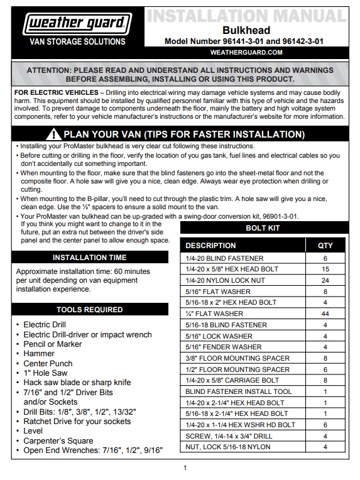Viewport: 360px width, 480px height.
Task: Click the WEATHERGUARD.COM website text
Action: (246, 52)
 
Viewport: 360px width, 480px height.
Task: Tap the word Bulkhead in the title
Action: (246, 30)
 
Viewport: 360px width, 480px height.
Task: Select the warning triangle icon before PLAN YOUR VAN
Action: (55, 134)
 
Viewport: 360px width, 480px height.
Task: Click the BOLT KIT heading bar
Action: (262, 228)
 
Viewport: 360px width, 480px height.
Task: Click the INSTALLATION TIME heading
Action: (89, 258)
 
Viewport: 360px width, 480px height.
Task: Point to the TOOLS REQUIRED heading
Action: (89, 310)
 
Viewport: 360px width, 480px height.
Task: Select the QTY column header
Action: (325, 246)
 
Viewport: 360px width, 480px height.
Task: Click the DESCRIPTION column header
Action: (210, 246)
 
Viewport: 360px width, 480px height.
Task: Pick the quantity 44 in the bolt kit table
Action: (325, 314)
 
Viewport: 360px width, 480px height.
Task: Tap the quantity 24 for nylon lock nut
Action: (325, 280)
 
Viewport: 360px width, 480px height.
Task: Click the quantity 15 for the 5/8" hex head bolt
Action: (325, 268)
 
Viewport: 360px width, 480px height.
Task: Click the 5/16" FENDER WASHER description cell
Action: (224, 347)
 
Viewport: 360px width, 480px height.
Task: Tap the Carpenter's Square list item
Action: (60, 441)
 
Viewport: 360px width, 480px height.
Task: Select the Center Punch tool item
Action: (48, 364)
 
